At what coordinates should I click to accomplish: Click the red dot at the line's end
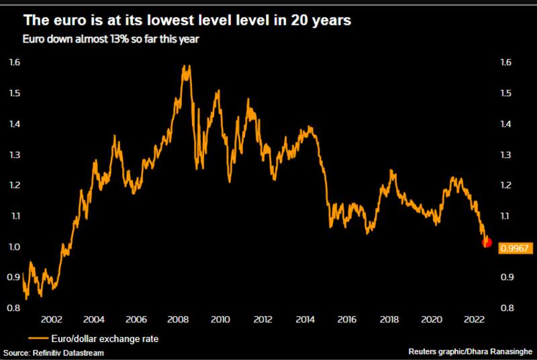[487, 243]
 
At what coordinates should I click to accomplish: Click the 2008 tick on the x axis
[179, 320]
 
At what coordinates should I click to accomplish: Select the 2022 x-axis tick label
[473, 320]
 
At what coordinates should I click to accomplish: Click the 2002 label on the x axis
[52, 320]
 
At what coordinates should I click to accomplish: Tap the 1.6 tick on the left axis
[15, 62]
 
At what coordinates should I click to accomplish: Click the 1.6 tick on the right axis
[506, 62]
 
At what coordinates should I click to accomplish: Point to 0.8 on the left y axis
[15, 308]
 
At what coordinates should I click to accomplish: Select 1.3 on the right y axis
[506, 154]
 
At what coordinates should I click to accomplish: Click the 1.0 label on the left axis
[15, 246]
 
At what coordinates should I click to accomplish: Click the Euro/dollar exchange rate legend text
[107, 338]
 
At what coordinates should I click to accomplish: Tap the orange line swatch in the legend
[40, 338]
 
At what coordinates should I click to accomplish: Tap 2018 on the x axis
[389, 320]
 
